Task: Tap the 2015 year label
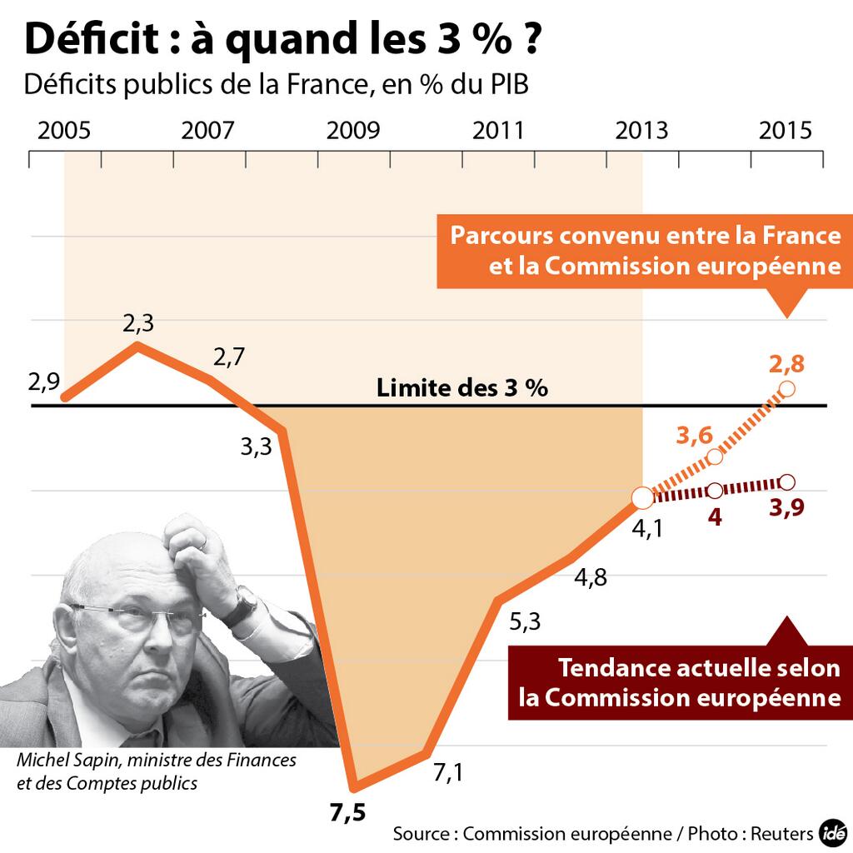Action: pos(786,132)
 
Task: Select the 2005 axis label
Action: pos(64,132)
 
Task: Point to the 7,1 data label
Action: pos(448,773)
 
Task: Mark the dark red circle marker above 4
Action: pos(715,491)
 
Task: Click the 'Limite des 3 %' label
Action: pos(462,388)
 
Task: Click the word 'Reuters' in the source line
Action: pos(782,833)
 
